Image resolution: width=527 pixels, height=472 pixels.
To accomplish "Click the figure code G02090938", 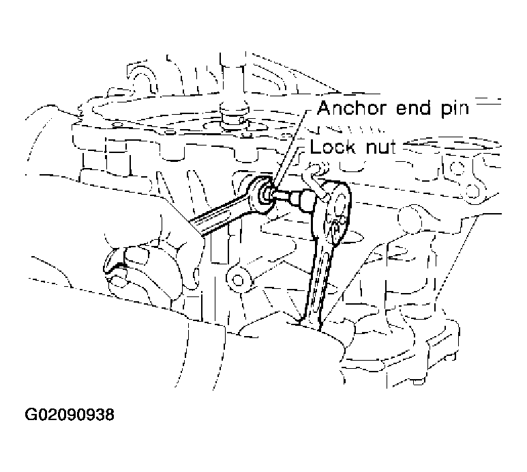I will [x=70, y=414].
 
